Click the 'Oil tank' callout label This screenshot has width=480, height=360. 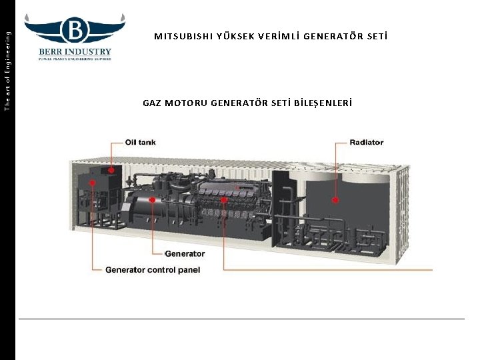click(140, 142)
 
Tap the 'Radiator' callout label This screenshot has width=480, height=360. click(367, 142)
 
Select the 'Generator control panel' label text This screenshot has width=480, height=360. click(153, 270)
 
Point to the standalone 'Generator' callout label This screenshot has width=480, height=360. click(185, 254)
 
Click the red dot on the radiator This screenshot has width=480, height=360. click(335, 199)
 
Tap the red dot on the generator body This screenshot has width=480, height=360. click(153, 199)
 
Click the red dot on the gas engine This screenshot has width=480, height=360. click(224, 199)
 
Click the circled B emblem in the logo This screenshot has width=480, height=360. click(75, 30)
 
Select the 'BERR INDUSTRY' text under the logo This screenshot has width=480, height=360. click(75, 51)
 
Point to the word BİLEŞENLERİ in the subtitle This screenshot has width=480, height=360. click(323, 103)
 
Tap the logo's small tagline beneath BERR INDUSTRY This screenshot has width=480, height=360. click(75, 59)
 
